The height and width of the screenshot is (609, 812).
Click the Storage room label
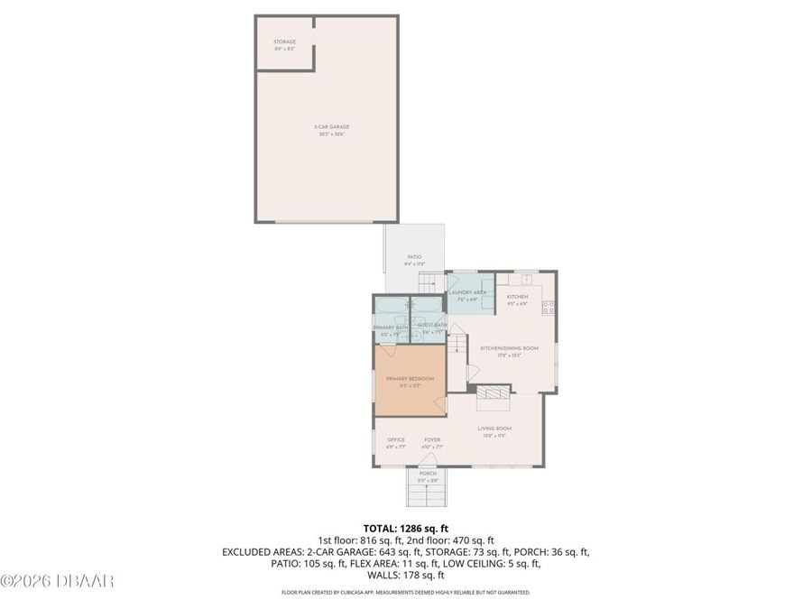click(285, 45)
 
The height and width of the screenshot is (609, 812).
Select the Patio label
click(414, 260)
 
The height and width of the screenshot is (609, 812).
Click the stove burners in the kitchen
click(548, 308)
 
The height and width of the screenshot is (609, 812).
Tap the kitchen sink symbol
click(526, 278)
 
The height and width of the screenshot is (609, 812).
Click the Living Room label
click(494, 430)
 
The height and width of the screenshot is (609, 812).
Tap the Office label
click(396, 442)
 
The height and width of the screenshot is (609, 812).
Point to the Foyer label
click(432, 442)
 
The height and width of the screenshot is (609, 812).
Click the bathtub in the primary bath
click(392, 306)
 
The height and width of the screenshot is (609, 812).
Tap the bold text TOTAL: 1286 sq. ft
click(405, 528)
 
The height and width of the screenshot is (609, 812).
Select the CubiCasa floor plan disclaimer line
click(405, 593)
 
